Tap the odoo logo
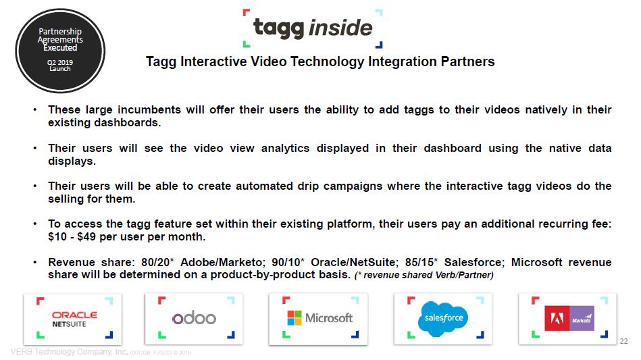pyautogui.click(x=194, y=318)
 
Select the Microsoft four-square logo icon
pyautogui.click(x=294, y=318)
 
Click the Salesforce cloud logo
pyautogui.click(x=442, y=319)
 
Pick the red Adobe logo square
pyautogui.click(x=557, y=318)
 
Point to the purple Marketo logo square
pyautogui.click(x=582, y=318)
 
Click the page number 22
pyautogui.click(x=623, y=341)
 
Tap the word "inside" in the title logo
pyautogui.click(x=340, y=28)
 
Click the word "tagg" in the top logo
pyautogui.click(x=279, y=28)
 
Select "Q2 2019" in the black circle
pyautogui.click(x=60, y=63)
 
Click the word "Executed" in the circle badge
pyautogui.click(x=60, y=48)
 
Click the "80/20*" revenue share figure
pyautogui.click(x=157, y=262)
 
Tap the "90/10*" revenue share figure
pyautogui.click(x=288, y=262)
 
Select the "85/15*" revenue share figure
pyautogui.click(x=421, y=262)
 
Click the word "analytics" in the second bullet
pyautogui.click(x=285, y=149)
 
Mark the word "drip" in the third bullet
pyautogui.click(x=308, y=186)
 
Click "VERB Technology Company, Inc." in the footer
pyautogui.click(x=69, y=352)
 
